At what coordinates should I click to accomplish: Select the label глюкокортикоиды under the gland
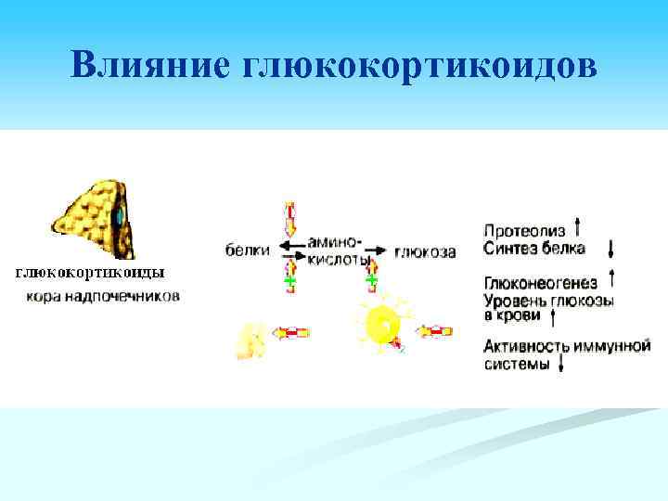89,273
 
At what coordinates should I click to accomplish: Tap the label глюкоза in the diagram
424,251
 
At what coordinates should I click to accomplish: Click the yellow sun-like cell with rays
381,324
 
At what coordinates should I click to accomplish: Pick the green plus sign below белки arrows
289,279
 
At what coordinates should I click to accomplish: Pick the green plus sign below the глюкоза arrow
371,278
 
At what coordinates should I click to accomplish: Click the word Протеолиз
523,229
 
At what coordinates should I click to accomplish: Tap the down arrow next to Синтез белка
610,249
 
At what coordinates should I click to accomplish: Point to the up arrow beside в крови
553,317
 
